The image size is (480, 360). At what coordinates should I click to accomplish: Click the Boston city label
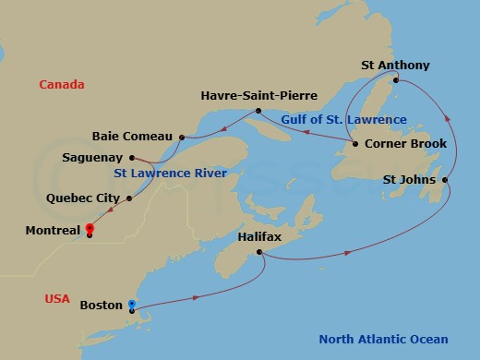pos(101,305)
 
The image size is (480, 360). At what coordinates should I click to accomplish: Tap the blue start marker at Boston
pos(132,305)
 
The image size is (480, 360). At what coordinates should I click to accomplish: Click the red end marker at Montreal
pos(90,229)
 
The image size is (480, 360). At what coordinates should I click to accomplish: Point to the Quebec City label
pos(84,198)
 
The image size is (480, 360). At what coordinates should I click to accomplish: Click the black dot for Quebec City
pos(129,198)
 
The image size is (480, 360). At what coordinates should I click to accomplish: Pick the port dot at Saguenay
pos(135,157)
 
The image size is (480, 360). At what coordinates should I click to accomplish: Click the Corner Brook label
pos(405,144)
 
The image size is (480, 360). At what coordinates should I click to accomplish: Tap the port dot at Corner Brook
pos(354,144)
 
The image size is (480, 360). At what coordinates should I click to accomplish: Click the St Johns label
pos(410,179)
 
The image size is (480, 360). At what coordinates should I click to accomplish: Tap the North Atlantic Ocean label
pos(384,339)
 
